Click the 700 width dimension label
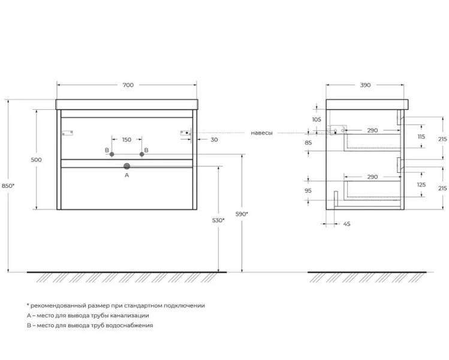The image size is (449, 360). coord(128,85)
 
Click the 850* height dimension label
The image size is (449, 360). coord(8,186)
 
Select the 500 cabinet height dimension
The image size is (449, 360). coord(37,160)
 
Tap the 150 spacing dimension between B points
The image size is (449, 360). coord(127,140)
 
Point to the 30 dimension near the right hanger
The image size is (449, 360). coord(214,140)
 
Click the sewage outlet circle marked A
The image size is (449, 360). coord(127,166)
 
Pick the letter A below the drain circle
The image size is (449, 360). coord(127,175)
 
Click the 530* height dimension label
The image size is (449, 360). coord(218,220)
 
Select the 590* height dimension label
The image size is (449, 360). coord(242,214)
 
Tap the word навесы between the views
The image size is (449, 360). coord(262,133)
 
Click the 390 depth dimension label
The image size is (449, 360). coord(366,85)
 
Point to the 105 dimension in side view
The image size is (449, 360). coord(317,119)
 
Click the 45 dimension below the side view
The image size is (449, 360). coord(346,224)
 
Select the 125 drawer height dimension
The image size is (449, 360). coord(421,185)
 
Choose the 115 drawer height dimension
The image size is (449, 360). coord(421,137)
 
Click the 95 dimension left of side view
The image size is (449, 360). coord(308,191)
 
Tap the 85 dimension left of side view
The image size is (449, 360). coord(308,142)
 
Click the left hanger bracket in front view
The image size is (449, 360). coord(68,133)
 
